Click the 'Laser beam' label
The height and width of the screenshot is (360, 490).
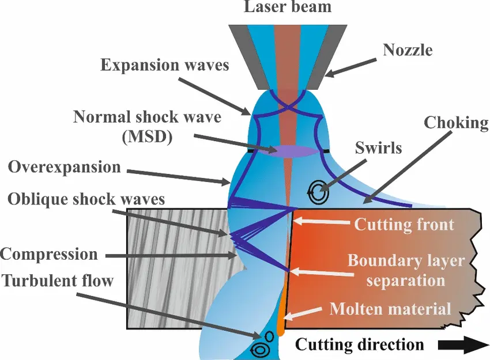pyautogui.click(x=288, y=7)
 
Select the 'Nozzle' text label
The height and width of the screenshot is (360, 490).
pyautogui.click(x=408, y=50)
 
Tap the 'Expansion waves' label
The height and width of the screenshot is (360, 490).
pyautogui.click(x=165, y=65)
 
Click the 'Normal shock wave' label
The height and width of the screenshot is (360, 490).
pyautogui.click(x=147, y=118)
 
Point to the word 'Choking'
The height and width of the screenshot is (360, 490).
pyautogui.click(x=456, y=123)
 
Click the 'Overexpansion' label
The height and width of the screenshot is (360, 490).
pyautogui.click(x=65, y=168)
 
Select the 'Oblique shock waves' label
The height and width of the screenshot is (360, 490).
pyautogui.click(x=86, y=199)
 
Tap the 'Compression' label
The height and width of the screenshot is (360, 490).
pyautogui.click(x=49, y=253)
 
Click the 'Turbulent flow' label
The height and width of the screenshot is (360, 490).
pyautogui.click(x=58, y=281)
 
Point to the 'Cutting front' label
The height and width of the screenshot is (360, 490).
pyautogui.click(x=404, y=223)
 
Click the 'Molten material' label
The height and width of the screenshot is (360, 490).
pyautogui.click(x=390, y=309)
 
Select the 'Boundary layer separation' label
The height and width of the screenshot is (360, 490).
pyautogui.click(x=406, y=271)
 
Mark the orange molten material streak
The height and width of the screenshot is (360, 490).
pyautogui.click(x=282, y=317)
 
